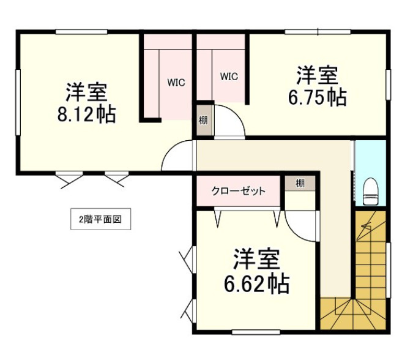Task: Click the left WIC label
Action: tap(176, 82)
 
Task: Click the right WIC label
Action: tap(229, 77)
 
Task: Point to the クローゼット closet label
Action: tap(239, 191)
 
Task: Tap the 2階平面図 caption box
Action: tap(100, 219)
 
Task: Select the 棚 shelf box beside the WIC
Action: tap(203, 120)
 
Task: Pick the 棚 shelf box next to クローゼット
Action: tap(300, 183)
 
